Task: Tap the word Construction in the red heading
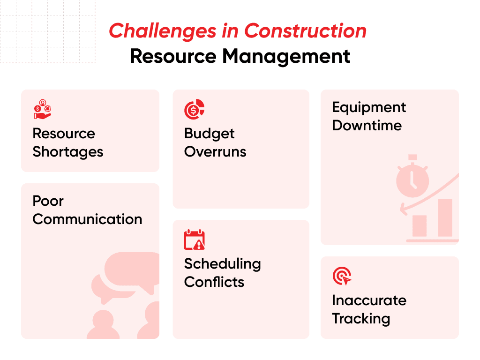tap(305, 31)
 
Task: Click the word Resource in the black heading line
tap(173, 56)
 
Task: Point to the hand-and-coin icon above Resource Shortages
tap(43, 109)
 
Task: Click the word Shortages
tap(68, 152)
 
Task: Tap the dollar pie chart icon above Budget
tap(194, 109)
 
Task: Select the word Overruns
tap(215, 152)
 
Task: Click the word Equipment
tap(369, 107)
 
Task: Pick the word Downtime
tap(367, 126)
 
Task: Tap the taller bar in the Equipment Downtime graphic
tap(445, 218)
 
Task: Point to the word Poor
tap(48, 201)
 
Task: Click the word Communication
tap(87, 219)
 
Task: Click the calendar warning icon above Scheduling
tap(194, 240)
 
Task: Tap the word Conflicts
tap(214, 282)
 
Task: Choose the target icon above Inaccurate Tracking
tap(342, 276)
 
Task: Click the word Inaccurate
tap(369, 300)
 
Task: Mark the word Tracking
tap(361, 319)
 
